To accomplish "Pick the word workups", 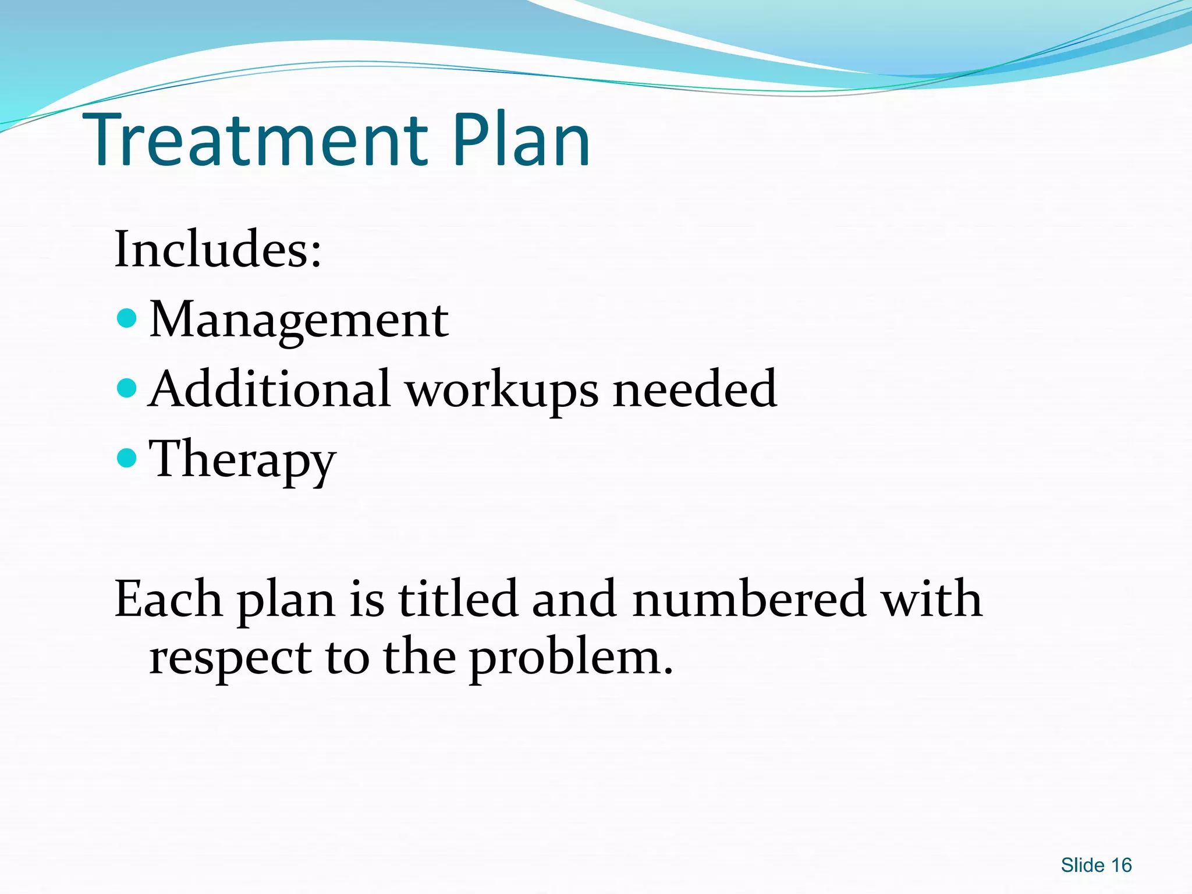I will pos(502,391).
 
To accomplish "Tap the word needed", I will pos(695,389).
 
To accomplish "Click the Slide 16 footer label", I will pos(1096,865).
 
